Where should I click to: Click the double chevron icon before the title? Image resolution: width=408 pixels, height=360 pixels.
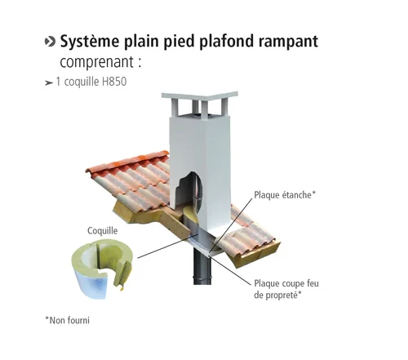click(x=49, y=42)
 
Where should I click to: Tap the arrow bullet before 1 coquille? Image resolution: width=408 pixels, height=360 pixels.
click(x=49, y=83)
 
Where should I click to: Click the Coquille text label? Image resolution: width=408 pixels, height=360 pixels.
click(x=103, y=231)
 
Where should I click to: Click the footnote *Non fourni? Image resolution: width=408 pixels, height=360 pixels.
click(x=67, y=320)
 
